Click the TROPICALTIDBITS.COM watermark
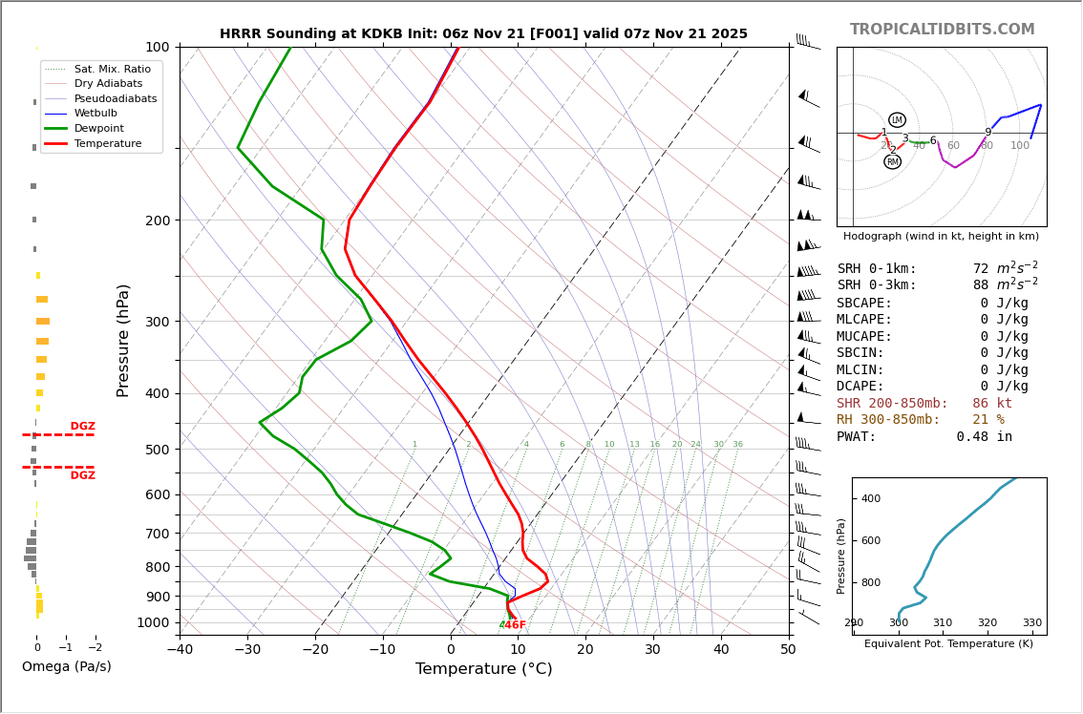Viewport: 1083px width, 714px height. [x=942, y=30]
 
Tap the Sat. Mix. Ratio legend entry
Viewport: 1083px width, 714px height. [x=112, y=69]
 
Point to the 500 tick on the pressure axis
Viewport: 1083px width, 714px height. [x=158, y=450]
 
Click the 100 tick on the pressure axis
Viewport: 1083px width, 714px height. [x=158, y=47]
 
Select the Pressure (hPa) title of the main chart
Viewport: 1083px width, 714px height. [x=123, y=340]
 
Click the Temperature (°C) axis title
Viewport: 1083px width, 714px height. [x=483, y=669]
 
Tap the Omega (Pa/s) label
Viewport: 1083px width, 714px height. [x=67, y=666]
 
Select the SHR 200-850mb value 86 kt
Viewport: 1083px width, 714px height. [x=991, y=404]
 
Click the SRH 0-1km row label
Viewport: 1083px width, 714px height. [x=877, y=269]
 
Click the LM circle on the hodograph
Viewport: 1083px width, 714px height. [x=897, y=120]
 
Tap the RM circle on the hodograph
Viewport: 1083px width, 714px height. [x=892, y=162]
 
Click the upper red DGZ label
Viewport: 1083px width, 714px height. [x=82, y=427]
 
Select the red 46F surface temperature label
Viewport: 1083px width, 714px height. [x=516, y=625]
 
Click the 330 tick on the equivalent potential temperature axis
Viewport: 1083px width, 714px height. [x=1032, y=623]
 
